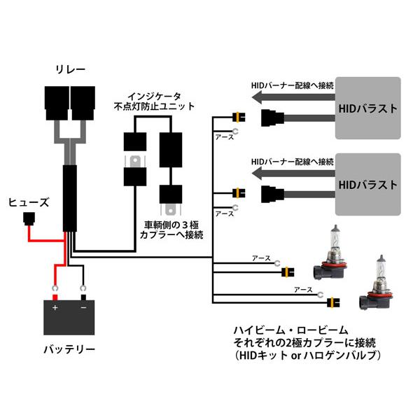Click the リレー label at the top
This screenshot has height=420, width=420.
click(71, 69)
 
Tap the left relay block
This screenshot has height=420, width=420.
click(57, 103)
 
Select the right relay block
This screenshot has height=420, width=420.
click(83, 103)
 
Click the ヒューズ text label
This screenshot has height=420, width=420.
click(29, 202)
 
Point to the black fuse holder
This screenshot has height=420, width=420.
click(29, 219)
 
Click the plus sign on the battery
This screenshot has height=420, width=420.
click(55, 308)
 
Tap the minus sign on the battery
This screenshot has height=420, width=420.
click(83, 307)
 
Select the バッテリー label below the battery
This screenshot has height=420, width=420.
click(69, 349)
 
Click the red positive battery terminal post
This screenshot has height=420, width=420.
click(55, 297)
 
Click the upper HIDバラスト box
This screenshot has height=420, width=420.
click(368, 108)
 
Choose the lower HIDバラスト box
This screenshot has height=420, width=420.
click(368, 184)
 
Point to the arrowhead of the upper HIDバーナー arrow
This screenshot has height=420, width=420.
click(257, 97)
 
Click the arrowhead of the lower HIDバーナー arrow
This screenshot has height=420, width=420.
click(257, 174)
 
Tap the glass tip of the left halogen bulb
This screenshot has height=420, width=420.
click(335, 228)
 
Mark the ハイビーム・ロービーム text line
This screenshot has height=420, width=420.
click(291, 330)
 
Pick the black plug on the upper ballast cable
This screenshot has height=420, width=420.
click(272, 118)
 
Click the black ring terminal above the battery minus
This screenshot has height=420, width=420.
click(83, 288)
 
